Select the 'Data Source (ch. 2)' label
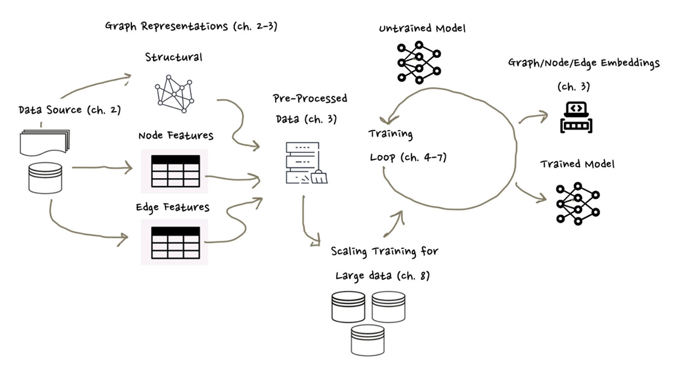click(x=70, y=110)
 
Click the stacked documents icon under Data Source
click(x=45, y=142)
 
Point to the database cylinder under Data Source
click(x=45, y=178)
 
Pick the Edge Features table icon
click(x=175, y=242)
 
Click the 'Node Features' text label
click(x=175, y=135)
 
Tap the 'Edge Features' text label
click(x=173, y=208)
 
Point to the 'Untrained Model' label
click(x=422, y=29)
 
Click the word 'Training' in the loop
click(x=390, y=134)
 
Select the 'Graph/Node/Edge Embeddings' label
click(x=584, y=63)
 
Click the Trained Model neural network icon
click(x=578, y=203)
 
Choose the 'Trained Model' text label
click(x=577, y=164)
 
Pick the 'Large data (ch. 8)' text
click(x=383, y=276)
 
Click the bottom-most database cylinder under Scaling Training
click(x=368, y=340)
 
